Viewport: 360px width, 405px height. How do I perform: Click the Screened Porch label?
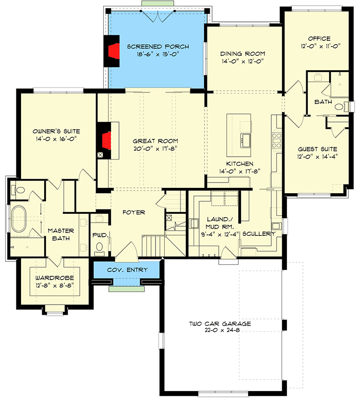(x=157, y=47)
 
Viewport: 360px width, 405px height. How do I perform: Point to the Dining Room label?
(x=242, y=53)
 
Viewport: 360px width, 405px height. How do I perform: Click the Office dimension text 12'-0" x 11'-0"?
(x=320, y=47)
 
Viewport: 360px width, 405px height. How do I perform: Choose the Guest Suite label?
(x=317, y=149)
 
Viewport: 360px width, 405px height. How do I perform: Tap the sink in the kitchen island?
(x=246, y=140)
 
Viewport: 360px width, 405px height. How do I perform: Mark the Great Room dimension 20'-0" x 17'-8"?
(x=156, y=148)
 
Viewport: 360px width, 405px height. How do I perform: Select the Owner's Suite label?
(x=56, y=131)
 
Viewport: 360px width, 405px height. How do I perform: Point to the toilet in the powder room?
(x=100, y=247)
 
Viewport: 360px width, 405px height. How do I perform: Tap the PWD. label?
(x=100, y=235)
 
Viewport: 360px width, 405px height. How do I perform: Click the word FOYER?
(x=133, y=212)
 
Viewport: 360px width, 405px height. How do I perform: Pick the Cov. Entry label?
(x=127, y=270)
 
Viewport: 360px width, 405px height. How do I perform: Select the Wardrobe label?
(x=54, y=279)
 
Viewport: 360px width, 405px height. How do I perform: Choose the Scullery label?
(x=259, y=234)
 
